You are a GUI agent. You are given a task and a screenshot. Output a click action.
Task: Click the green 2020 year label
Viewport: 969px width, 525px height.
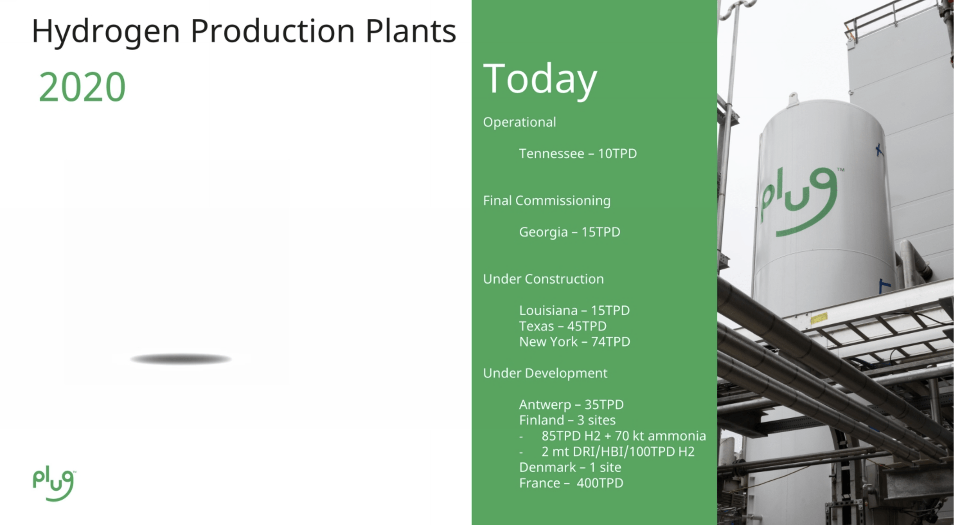click(x=82, y=87)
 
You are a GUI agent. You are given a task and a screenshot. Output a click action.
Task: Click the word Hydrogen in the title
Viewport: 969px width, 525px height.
click(x=106, y=32)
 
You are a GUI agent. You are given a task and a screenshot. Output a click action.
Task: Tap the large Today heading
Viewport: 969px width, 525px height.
click(x=540, y=80)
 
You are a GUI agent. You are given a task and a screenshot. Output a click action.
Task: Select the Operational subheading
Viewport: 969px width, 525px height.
click(x=520, y=122)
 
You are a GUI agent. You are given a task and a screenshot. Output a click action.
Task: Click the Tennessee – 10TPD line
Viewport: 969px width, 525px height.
click(x=578, y=154)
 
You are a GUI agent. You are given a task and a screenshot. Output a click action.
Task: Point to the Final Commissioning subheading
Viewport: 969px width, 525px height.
click(x=547, y=201)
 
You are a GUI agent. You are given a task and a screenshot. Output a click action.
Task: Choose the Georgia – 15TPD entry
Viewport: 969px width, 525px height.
click(x=570, y=232)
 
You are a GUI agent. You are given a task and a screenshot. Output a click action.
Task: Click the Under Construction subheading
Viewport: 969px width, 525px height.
click(x=543, y=279)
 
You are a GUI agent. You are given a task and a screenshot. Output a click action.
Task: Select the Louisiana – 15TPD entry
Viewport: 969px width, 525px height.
click(x=574, y=311)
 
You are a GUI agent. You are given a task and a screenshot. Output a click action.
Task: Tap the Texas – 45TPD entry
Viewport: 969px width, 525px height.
click(x=563, y=326)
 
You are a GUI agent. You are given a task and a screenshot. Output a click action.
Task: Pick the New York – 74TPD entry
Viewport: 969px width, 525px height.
click(x=575, y=342)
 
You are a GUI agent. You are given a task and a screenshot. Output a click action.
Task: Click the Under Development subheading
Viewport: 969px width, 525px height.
click(x=545, y=374)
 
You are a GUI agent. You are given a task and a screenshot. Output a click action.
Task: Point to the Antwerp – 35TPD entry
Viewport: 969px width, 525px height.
click(x=571, y=405)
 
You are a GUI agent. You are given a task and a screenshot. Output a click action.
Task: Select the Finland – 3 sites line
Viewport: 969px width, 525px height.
click(x=567, y=420)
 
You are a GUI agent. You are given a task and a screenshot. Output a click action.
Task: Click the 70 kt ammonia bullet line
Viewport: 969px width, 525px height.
click(x=613, y=436)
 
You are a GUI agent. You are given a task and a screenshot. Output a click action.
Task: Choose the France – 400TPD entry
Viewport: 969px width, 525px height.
click(x=571, y=483)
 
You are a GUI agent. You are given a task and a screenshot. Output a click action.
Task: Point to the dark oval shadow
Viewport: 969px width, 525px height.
click(x=181, y=359)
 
